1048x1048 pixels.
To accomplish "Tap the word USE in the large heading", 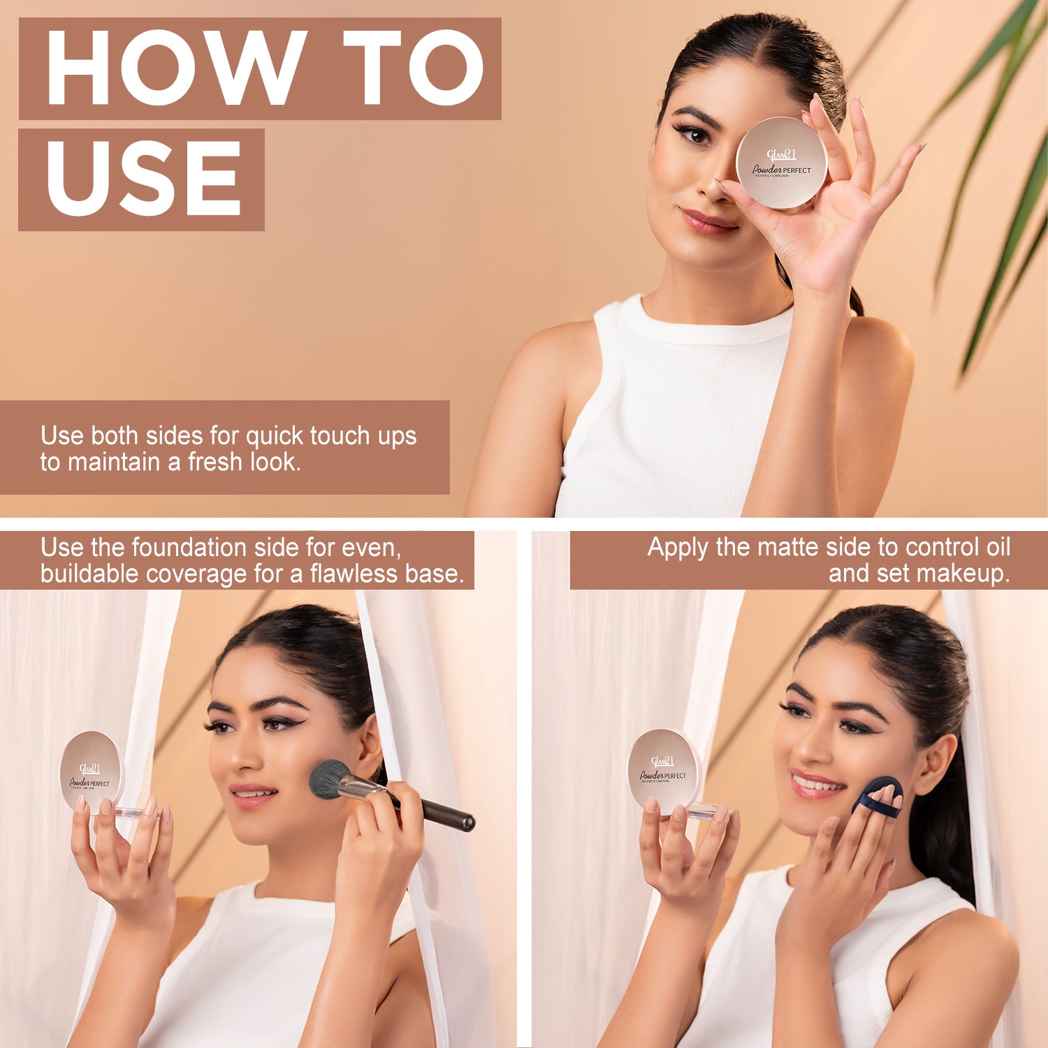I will [x=143, y=179].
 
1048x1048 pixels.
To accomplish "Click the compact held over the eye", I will [x=781, y=163].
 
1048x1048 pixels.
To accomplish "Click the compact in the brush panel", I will [x=90, y=771].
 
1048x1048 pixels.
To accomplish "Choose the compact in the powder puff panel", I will [x=663, y=770].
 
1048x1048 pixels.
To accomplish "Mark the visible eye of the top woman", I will [x=694, y=134].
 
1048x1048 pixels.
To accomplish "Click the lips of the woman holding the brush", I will [x=253, y=794].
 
